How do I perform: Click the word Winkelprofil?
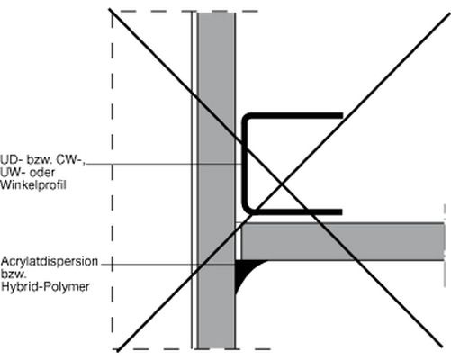click(33, 185)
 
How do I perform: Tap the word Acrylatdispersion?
click(50, 261)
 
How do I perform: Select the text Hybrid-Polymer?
click(45, 287)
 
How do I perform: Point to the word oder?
click(42, 172)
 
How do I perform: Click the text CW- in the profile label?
click(71, 159)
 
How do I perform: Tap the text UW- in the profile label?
click(13, 172)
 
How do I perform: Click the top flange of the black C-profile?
click(295, 115)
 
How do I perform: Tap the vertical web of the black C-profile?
click(245, 164)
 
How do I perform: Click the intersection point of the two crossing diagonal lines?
click(281, 182)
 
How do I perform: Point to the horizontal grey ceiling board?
click(343, 241)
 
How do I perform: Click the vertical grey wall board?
click(216, 180)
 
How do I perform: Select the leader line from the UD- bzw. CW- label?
click(165, 164)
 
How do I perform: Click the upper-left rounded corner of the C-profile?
click(248, 118)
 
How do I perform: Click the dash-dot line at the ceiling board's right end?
click(445, 246)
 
